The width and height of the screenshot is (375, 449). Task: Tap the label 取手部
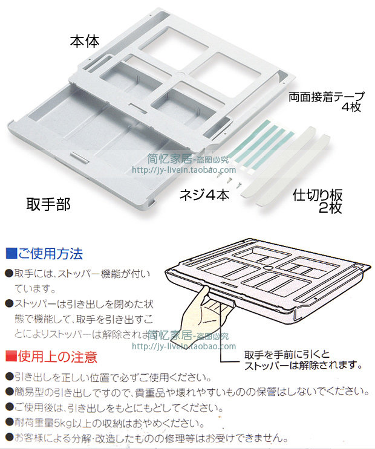(x=48, y=204)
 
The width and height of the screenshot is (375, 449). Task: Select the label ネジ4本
(x=205, y=195)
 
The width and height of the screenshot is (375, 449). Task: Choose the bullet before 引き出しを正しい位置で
(x=8, y=378)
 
